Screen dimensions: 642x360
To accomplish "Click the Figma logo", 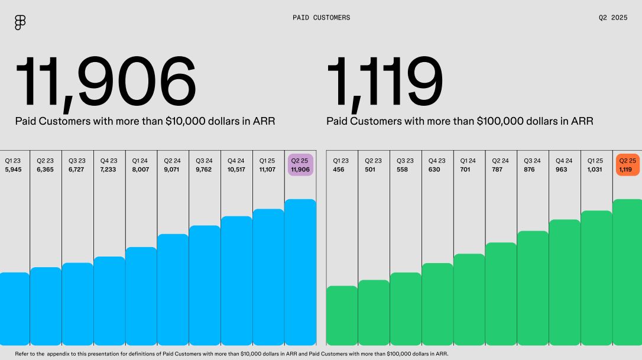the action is tap(20, 22).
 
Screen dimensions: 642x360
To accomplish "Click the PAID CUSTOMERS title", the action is tap(322, 18).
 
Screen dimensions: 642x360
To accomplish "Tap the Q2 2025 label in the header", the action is tap(613, 18).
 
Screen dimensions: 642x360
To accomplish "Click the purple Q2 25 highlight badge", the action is tap(300, 165).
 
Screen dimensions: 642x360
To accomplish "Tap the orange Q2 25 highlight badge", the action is tap(628, 165).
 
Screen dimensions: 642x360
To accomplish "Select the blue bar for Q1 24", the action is tap(141, 296).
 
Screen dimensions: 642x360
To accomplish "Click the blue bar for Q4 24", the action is tap(236, 281).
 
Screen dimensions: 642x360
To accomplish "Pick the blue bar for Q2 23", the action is tap(46, 306).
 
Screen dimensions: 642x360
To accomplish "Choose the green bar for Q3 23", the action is tap(406, 309).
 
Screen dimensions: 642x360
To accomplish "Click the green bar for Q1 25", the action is tap(596, 278).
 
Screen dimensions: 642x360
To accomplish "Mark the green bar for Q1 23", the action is tap(342, 315).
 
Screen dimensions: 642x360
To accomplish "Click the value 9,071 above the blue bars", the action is tap(171, 170).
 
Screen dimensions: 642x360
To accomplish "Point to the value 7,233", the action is tap(108, 170).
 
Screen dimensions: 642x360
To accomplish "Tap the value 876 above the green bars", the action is tap(529, 170).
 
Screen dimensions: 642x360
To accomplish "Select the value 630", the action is tap(434, 170).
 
